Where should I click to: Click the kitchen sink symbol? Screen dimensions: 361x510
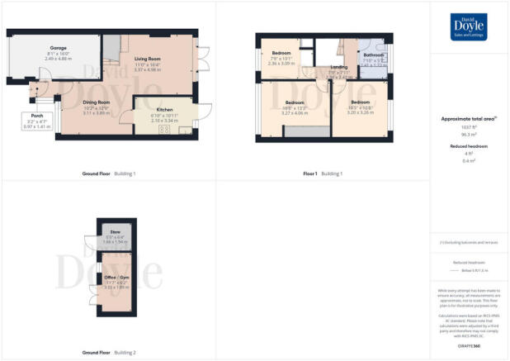tap(183, 131)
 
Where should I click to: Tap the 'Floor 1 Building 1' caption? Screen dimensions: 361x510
tap(323, 174)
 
